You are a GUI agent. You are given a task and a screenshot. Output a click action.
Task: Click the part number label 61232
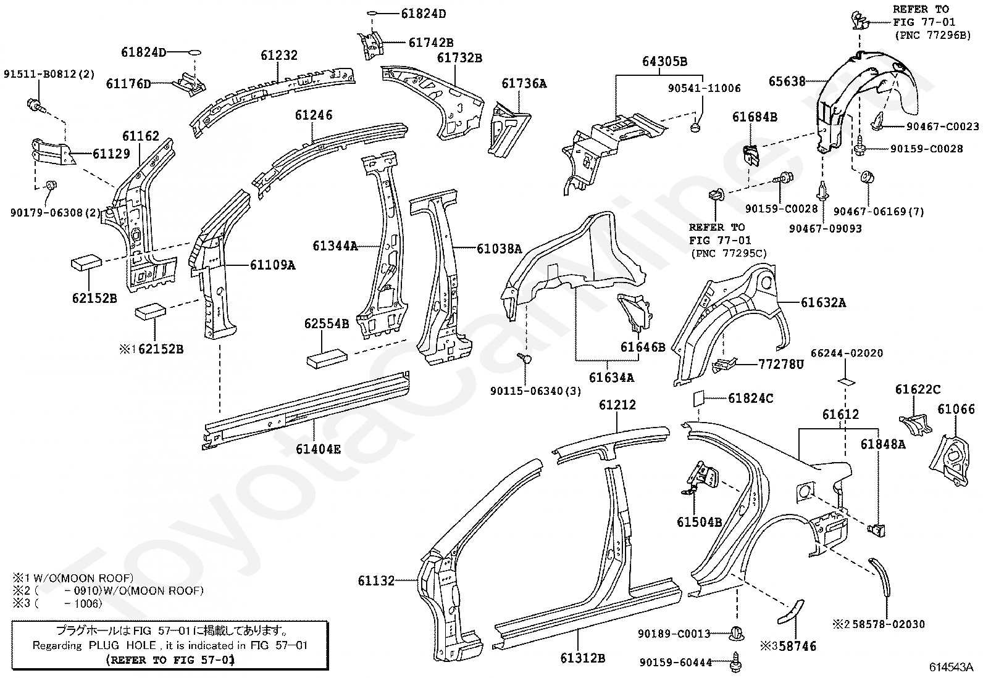(279, 56)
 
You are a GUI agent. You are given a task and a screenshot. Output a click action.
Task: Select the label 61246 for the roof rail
(313, 115)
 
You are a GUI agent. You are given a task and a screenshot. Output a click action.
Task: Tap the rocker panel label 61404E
(318, 449)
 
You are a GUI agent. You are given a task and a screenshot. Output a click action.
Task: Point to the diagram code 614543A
(951, 667)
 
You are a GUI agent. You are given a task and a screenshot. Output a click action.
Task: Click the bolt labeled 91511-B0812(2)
(36, 105)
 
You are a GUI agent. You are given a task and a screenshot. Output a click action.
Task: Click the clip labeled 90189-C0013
(737, 634)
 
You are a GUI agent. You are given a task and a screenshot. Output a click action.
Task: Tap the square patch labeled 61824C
(698, 399)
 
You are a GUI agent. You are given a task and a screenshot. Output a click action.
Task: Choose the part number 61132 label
(376, 581)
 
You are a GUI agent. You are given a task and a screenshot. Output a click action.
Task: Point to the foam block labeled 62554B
(327, 356)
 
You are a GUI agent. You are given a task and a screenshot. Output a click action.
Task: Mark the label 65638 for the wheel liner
(787, 81)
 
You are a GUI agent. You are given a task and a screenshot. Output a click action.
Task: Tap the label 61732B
(459, 58)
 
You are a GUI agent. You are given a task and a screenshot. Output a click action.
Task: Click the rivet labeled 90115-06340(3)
(524, 358)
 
